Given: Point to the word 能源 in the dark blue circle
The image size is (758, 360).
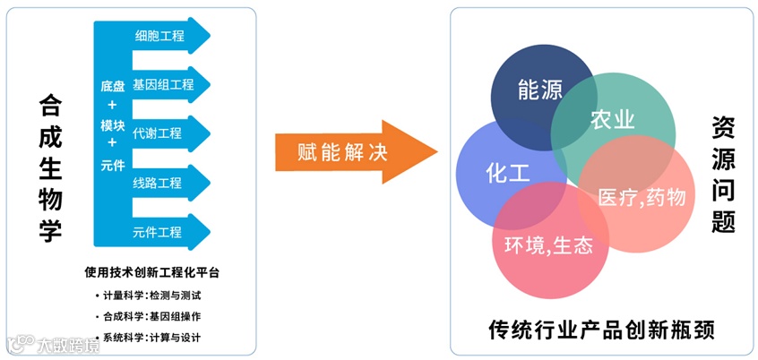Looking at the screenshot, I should tap(540, 90).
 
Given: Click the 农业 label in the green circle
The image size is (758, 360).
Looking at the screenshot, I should tap(613, 121).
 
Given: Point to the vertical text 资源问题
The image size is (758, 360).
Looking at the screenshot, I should tap(723, 174).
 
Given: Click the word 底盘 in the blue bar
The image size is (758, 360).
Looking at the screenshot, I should tap(112, 86).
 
